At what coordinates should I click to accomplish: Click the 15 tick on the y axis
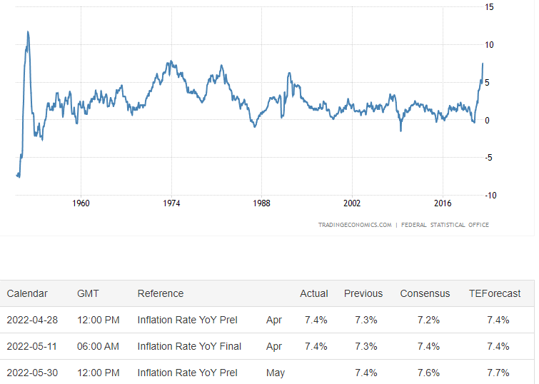click(489, 7)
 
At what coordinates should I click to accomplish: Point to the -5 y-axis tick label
click(488, 158)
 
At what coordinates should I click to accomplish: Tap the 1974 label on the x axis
click(171, 203)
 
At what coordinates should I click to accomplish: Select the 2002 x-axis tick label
click(352, 203)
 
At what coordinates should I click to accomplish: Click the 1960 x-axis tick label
click(81, 203)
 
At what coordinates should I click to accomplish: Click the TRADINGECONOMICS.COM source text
click(355, 225)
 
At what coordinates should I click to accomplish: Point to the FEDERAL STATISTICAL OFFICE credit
click(445, 225)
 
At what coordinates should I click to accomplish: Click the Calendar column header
click(27, 293)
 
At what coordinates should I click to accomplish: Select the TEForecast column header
click(495, 293)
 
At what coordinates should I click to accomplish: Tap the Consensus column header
click(425, 293)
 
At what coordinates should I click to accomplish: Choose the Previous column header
click(363, 293)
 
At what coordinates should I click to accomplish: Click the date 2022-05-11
click(32, 346)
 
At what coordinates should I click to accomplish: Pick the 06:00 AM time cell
click(98, 346)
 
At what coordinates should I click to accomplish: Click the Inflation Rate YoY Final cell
click(189, 346)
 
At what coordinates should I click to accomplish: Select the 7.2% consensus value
click(428, 320)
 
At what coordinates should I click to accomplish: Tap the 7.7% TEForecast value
click(498, 373)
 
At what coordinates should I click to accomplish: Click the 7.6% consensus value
click(428, 373)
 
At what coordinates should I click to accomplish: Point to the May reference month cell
click(276, 373)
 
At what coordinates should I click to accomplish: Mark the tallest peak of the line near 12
click(28, 31)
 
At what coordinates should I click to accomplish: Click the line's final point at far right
click(483, 64)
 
